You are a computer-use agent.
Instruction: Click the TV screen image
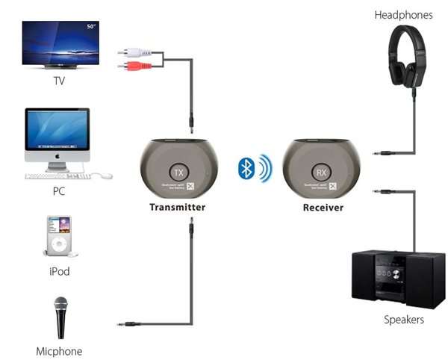(x=60, y=43)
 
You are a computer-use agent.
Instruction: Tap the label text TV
(x=59, y=80)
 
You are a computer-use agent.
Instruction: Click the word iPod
(x=59, y=271)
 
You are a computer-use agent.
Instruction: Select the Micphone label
(x=59, y=351)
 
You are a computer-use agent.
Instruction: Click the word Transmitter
(x=177, y=207)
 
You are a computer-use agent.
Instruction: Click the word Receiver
(x=323, y=207)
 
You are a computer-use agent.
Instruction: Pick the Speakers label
(x=404, y=320)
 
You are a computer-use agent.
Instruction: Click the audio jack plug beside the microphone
(x=131, y=324)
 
